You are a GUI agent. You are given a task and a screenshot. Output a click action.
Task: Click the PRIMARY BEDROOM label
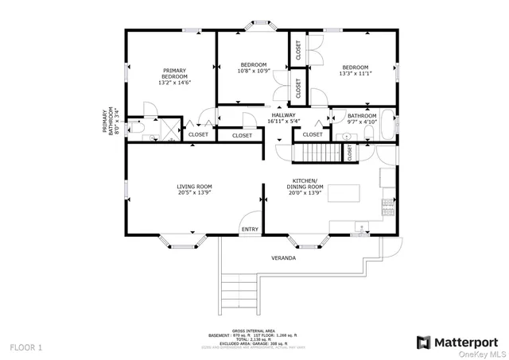tap(176, 73)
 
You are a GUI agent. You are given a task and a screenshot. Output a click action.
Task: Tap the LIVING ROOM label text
tap(194, 187)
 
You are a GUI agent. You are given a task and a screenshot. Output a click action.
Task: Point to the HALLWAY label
tap(284, 115)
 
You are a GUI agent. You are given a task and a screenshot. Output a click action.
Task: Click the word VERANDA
tap(284, 258)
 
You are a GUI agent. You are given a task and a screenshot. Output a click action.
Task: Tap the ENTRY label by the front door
tap(250, 230)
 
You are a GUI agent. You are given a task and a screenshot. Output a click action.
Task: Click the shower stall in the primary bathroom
tap(170, 128)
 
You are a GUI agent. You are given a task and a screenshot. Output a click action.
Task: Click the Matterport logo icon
tap(423, 342)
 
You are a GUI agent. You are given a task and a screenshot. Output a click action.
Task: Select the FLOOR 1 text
tap(25, 347)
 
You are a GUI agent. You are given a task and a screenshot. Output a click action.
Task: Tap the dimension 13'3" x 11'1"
tap(356, 73)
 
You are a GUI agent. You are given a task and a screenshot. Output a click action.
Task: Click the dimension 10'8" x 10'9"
tap(254, 71)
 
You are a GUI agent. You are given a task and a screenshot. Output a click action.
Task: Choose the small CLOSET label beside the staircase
tap(349, 151)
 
